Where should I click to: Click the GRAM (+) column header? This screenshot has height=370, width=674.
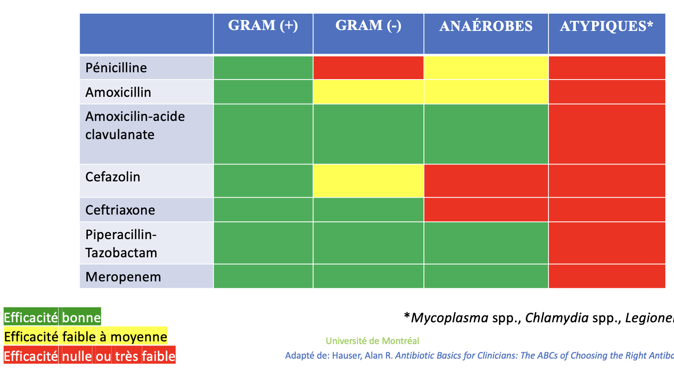(263, 25)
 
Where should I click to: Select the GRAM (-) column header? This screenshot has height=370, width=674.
(368, 25)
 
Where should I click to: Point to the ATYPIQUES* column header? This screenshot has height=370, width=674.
(607, 26)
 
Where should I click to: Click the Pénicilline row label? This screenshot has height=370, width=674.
(116, 68)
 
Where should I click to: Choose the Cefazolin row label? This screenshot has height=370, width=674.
(113, 177)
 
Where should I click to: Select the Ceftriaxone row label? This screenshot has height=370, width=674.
(120, 210)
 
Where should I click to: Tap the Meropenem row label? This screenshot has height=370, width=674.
(123, 277)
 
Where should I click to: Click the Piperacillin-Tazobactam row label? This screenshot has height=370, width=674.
(121, 244)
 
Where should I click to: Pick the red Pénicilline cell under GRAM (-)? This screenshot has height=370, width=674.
(368, 68)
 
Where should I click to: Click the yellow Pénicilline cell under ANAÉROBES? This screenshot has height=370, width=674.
(486, 68)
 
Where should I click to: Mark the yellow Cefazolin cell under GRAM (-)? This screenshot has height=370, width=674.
(368, 181)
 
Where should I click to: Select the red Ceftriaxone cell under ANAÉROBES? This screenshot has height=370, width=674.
(486, 210)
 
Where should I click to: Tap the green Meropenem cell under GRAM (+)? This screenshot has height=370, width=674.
(263, 276)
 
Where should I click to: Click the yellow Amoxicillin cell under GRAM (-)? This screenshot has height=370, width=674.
(368, 92)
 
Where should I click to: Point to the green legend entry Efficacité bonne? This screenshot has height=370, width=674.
(52, 317)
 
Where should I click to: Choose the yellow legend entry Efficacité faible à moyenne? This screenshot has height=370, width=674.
(86, 336)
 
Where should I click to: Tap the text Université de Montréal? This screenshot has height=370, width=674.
(372, 341)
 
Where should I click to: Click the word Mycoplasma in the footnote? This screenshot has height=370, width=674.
(449, 318)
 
